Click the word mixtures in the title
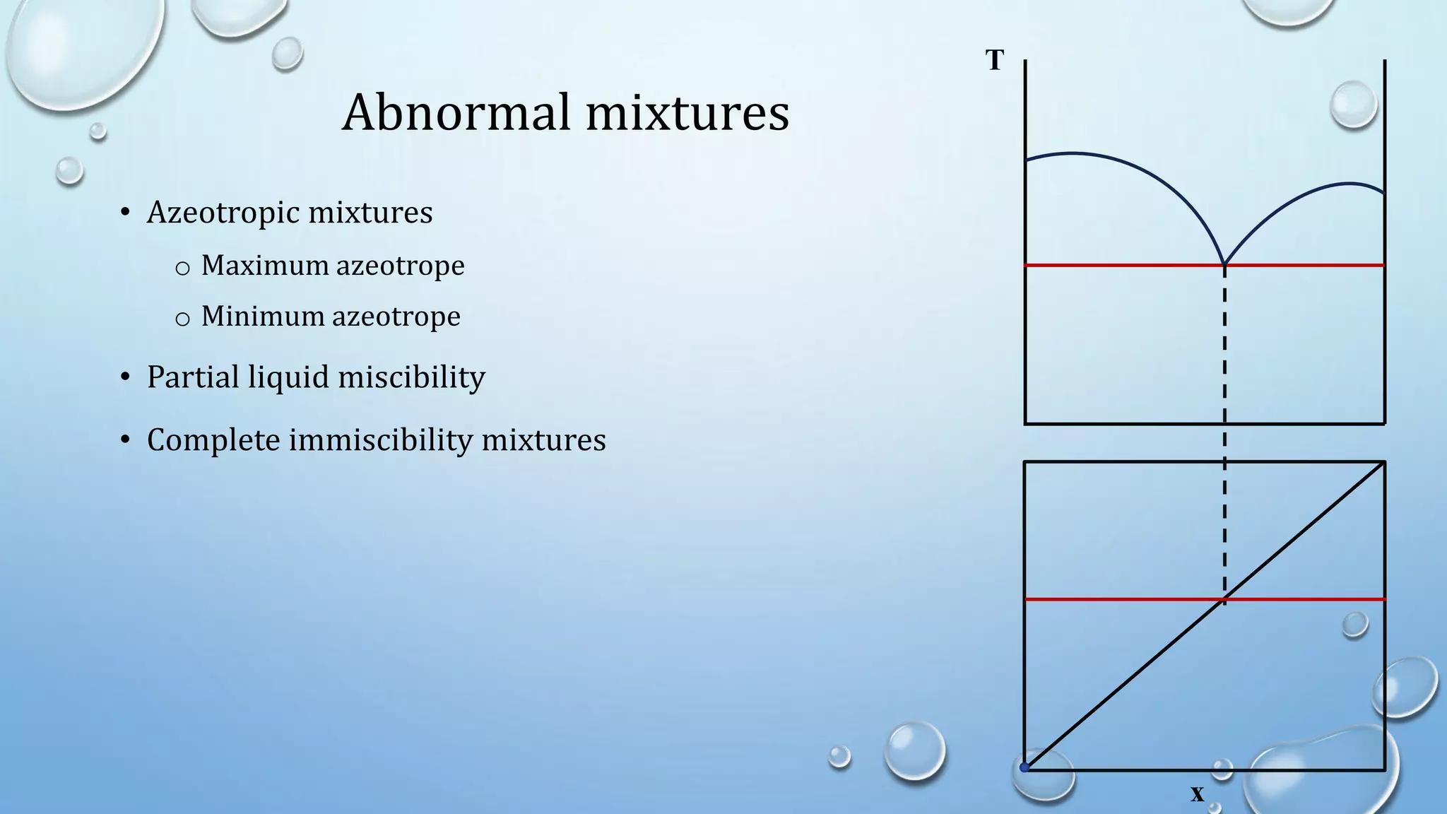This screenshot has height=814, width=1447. (x=687, y=113)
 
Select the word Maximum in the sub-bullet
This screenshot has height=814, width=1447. (x=265, y=266)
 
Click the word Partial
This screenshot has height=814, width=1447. (x=193, y=377)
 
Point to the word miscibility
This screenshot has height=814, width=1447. (x=411, y=377)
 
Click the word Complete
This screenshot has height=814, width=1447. (x=213, y=440)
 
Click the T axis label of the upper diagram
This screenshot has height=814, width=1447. (x=995, y=61)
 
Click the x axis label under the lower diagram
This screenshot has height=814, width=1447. (x=1197, y=794)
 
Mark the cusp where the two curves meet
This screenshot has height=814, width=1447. (x=1224, y=264)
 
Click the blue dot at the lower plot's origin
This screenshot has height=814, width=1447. (x=1024, y=767)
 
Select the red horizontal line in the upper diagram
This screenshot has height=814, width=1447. (x=1123, y=265)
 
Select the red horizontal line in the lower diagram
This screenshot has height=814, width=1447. (x=1123, y=599)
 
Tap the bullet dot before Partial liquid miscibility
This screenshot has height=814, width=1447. (x=125, y=377)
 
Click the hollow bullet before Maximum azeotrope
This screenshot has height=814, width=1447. (x=182, y=268)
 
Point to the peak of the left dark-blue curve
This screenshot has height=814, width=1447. (x=1073, y=153)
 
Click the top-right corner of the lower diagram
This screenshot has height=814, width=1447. (x=1384, y=462)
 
